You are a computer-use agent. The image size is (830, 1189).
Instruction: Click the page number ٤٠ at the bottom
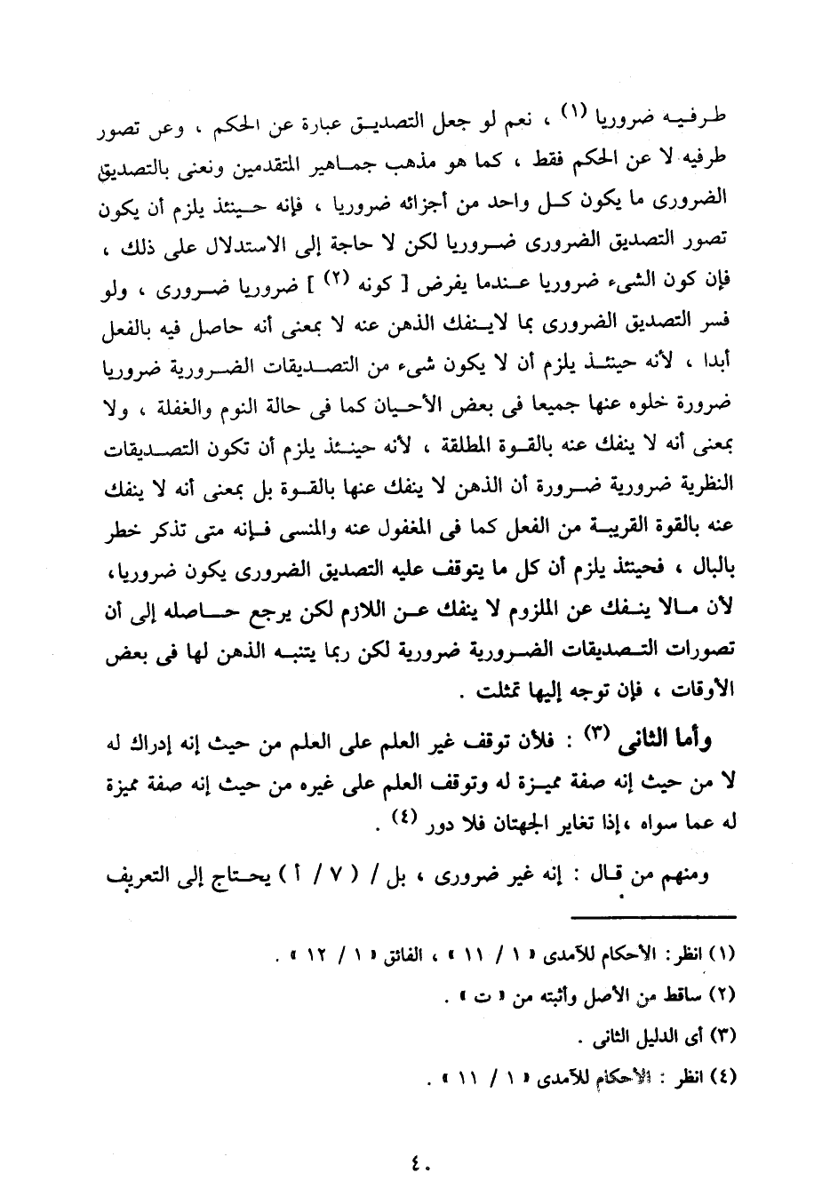click(x=415, y=1161)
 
